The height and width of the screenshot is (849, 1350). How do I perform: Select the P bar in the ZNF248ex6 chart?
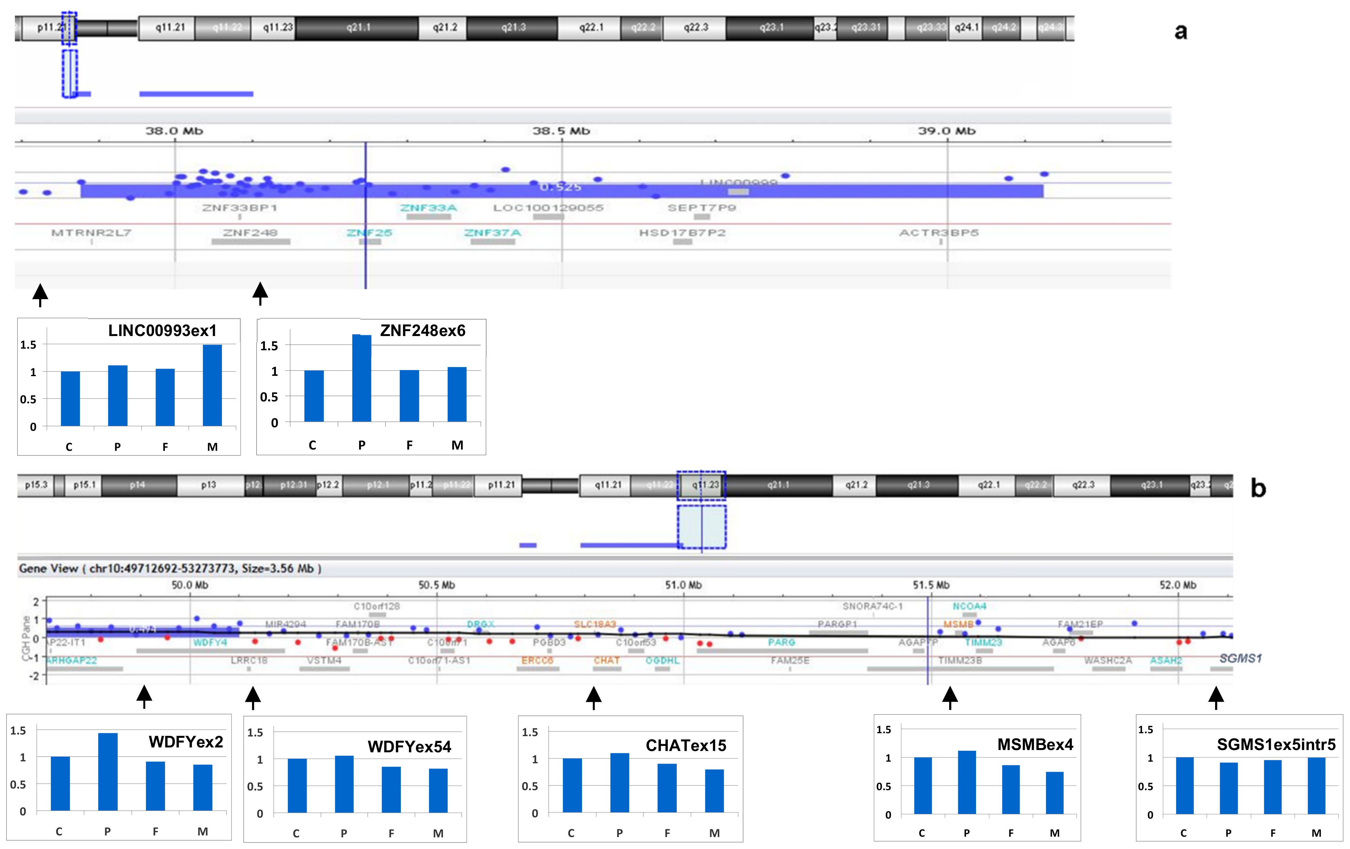362,378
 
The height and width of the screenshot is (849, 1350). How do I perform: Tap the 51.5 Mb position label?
931,585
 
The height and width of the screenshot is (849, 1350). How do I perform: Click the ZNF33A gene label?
428,208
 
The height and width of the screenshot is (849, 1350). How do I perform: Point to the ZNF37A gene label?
492,233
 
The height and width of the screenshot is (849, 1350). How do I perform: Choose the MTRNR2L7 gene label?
91,233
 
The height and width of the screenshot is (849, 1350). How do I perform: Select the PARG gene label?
782,642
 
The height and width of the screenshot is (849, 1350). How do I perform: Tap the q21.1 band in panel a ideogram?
358,27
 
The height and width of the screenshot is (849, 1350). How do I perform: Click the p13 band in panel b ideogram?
209,485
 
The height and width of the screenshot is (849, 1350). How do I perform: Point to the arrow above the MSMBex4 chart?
950,697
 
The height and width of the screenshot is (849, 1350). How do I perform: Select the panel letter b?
1259,489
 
